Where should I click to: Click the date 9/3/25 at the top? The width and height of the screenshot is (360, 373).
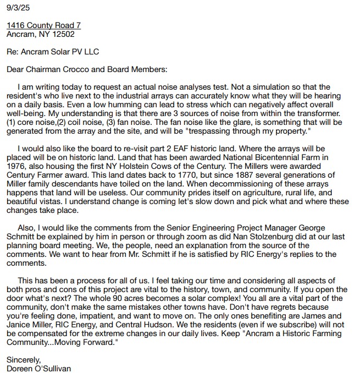tap(16, 8)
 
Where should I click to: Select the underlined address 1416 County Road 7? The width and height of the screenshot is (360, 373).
tap(43, 26)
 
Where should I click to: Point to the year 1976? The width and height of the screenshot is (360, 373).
tap(16, 166)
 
